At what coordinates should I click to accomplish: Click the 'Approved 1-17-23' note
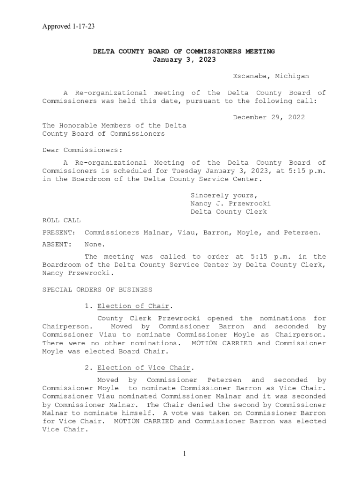68,27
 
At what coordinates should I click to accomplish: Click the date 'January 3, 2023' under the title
184,60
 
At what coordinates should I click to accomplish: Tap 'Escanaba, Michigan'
271,76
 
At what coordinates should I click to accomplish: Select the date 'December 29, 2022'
269,117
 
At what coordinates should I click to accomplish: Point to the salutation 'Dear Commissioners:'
82,150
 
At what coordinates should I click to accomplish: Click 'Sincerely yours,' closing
224,196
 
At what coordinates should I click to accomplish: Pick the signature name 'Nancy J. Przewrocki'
230,204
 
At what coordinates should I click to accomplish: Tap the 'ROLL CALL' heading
61,220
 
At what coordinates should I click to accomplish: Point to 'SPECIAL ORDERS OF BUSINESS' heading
97,290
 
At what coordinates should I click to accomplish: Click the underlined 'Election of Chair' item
133,306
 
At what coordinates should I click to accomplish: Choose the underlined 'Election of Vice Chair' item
144,368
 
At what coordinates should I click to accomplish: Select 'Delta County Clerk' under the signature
229,212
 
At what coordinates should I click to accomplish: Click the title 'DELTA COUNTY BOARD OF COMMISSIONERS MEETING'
184,51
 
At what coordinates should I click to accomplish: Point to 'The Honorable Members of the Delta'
114,126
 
